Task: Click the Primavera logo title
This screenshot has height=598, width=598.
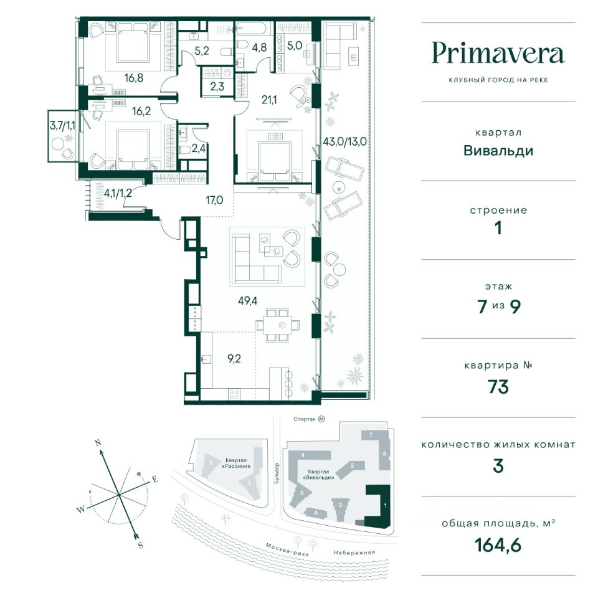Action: pos(498,53)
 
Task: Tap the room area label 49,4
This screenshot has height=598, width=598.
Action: pos(247,301)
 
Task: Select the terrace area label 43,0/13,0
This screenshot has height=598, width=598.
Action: pos(344,141)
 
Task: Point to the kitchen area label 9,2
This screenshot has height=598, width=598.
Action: pos(234,359)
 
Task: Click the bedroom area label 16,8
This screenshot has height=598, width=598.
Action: pos(133,78)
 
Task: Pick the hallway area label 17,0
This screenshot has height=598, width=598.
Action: pos(214,200)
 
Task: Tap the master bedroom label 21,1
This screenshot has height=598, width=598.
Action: pos(269,100)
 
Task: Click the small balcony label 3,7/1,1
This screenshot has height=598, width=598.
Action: pos(62,125)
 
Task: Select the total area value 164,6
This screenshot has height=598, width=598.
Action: pos(498,545)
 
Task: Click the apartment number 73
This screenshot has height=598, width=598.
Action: pos(498,387)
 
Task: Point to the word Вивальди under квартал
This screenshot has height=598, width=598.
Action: pos(498,151)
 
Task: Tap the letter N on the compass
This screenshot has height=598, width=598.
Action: pos(98,443)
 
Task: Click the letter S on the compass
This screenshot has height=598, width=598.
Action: pos(140,544)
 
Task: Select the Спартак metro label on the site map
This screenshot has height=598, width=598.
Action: pos(308,419)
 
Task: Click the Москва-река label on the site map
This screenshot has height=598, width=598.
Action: pos(287,549)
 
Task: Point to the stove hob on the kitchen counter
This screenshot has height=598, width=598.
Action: pos(234,394)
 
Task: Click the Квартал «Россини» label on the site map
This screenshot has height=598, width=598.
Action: pos(235,463)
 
